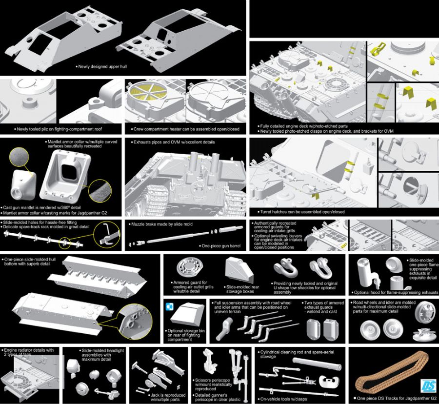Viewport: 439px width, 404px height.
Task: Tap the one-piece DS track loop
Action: point(392,375)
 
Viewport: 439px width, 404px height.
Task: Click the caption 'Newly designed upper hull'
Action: point(101,67)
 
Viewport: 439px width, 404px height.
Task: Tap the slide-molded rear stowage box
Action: point(239,270)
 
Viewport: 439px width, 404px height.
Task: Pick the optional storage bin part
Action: point(186,315)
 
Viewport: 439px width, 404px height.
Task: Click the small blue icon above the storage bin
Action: point(170,306)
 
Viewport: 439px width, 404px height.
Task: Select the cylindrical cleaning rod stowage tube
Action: point(317,364)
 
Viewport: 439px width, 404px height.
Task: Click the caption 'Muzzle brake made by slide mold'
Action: point(161,224)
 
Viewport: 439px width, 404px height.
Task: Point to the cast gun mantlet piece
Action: point(23,183)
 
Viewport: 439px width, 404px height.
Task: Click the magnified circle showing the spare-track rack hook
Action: point(107,235)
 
